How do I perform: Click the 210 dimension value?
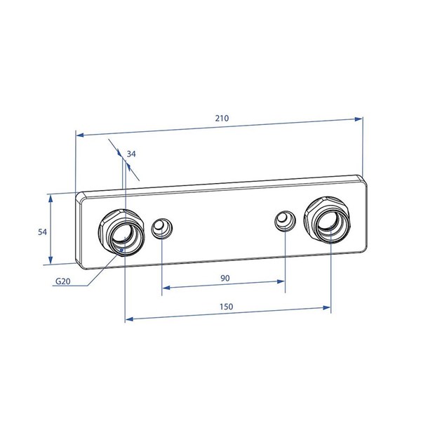(222, 118)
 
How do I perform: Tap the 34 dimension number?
(131, 154)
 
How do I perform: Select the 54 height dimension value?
(42, 232)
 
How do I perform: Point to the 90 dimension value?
(225, 278)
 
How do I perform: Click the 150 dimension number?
(227, 307)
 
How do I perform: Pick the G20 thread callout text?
(63, 281)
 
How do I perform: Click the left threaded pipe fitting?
(121, 232)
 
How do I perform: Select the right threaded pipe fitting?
(327, 220)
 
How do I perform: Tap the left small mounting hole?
(161, 228)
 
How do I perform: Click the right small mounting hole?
(285, 221)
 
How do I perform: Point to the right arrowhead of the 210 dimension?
(359, 119)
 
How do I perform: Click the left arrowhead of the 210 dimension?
(81, 134)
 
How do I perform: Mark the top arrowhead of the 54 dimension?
(51, 199)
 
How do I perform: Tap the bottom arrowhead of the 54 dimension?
(51, 260)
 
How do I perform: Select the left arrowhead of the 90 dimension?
(166, 288)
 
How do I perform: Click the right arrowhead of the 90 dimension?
(281, 281)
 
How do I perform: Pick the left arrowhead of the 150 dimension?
(129, 319)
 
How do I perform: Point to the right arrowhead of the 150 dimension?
(326, 308)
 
